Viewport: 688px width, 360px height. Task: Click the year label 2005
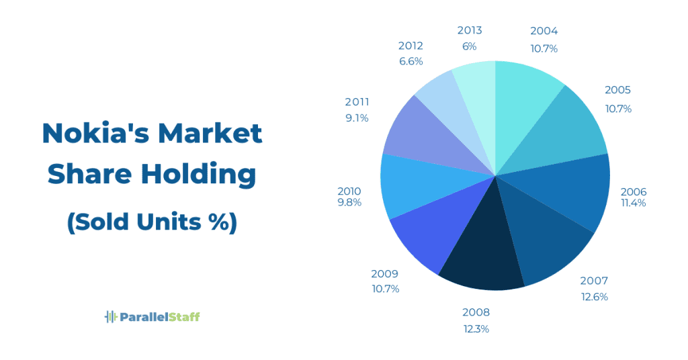coord(617,90)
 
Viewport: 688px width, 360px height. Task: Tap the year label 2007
coord(594,281)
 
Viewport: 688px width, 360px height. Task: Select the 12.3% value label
coord(476,328)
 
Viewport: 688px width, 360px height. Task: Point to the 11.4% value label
coord(633,203)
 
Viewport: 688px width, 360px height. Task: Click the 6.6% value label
coord(411,61)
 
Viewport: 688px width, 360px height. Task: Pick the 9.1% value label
coord(357,118)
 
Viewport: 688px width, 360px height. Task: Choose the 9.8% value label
coord(349,202)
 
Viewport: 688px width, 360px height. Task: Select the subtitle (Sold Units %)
coord(152,222)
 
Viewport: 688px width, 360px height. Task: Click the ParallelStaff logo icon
coord(111,316)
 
